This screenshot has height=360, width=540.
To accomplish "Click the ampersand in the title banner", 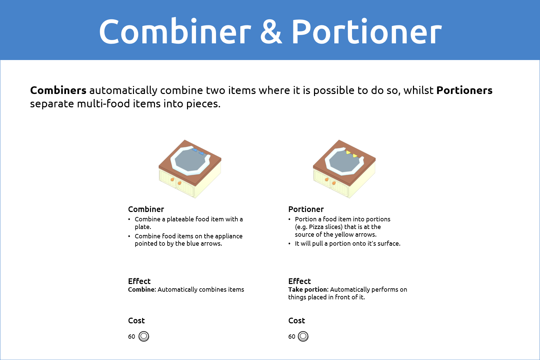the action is point(271,32).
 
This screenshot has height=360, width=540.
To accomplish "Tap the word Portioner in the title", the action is point(366,32).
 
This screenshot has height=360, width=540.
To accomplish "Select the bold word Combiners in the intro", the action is point(58,90).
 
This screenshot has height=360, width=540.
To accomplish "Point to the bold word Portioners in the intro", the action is point(464,90).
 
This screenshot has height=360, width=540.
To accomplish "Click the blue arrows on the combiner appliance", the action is point(198,152).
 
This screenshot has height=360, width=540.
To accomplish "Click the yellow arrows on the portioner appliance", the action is point(352,154).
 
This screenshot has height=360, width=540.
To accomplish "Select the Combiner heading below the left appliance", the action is point(146,209).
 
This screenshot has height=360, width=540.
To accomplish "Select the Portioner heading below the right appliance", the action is point(306,209).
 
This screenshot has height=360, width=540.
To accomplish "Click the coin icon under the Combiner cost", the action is point(144,336).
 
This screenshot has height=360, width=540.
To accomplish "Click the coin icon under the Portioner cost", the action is point(303,336).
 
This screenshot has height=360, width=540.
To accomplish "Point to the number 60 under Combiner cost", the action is point(131,337).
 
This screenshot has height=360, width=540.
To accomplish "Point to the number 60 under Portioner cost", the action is point(292,337).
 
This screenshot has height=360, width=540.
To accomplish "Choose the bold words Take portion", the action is point(308,290).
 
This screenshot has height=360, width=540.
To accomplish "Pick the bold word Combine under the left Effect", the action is point(141,289).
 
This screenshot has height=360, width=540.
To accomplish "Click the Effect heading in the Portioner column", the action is point(299,281).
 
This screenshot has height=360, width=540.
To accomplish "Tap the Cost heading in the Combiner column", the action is point(136,320).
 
